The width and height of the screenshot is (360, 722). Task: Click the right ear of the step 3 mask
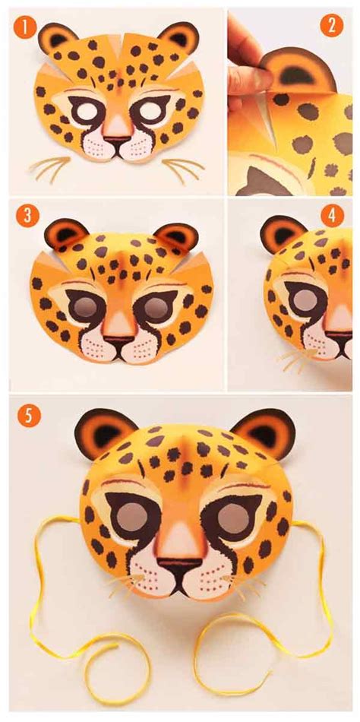coord(177,235)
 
